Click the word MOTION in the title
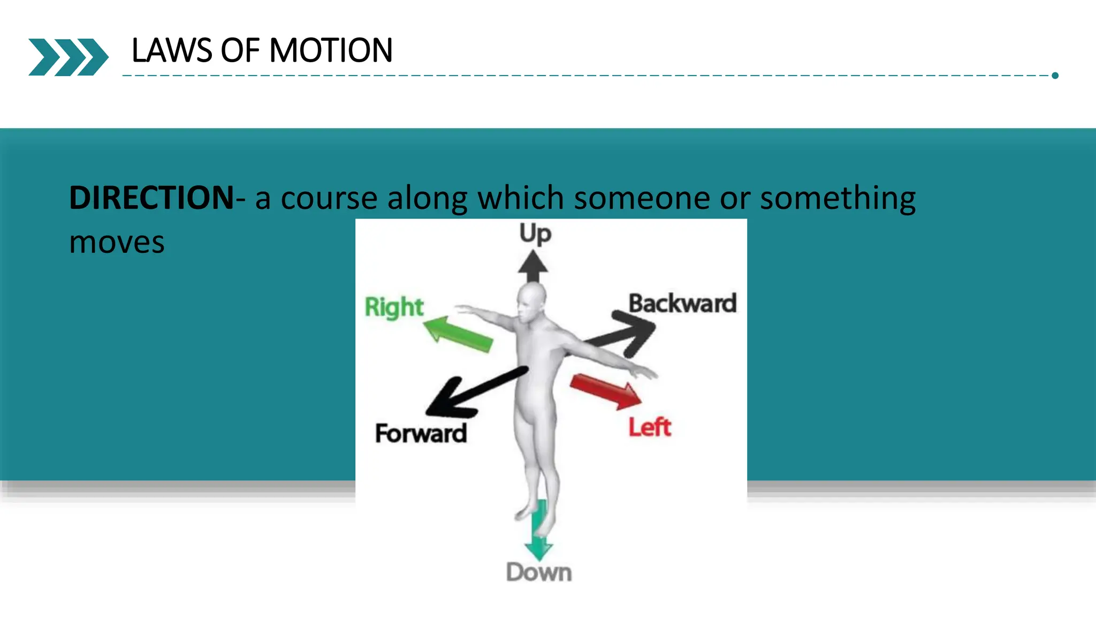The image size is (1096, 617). click(x=331, y=51)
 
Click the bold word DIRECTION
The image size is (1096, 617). click(x=151, y=198)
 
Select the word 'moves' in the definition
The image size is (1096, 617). click(x=117, y=242)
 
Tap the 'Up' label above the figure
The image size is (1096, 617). click(x=535, y=234)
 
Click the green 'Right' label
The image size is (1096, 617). click(x=394, y=307)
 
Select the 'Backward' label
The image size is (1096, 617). click(x=682, y=303)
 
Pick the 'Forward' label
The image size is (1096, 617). click(x=421, y=433)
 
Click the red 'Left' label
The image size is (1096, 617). click(x=649, y=427)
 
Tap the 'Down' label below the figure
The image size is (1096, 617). click(x=538, y=573)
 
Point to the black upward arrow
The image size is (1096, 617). click(x=532, y=266)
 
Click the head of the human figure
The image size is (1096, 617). click(x=531, y=303)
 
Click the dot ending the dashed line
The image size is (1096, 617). click(x=1055, y=76)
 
